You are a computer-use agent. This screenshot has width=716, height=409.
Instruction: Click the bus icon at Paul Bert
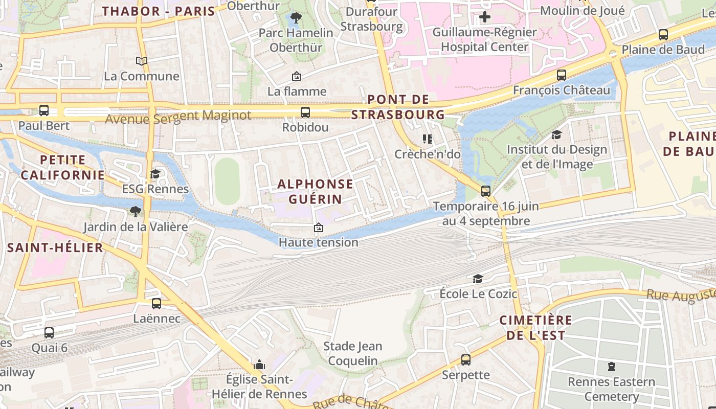[44, 110]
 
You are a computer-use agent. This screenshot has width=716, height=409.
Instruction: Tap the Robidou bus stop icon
[305, 112]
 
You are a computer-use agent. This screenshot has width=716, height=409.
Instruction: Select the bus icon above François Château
[562, 75]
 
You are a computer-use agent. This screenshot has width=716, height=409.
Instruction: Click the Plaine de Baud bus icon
[663, 35]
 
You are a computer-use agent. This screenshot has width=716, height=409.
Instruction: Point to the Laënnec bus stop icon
[156, 303]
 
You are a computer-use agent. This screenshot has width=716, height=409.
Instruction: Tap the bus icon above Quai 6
[49, 333]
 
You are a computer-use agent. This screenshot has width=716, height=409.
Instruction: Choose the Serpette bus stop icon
[466, 359]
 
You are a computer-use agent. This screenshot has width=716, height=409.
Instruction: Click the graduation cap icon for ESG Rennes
[155, 174]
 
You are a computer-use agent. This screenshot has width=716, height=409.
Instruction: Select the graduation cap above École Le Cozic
[478, 279]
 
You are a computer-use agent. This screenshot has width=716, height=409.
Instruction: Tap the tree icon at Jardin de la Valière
[135, 211]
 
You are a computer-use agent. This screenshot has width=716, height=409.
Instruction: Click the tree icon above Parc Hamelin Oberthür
[296, 18]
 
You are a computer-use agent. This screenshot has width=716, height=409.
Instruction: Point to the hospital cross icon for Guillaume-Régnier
[484, 17]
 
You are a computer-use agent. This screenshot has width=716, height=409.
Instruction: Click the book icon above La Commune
[142, 61]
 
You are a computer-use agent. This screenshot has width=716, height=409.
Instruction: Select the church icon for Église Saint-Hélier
[259, 365]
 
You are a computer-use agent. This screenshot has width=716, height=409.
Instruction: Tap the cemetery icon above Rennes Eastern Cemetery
[611, 367]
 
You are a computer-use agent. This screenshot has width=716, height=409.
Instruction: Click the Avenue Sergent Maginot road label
[178, 117]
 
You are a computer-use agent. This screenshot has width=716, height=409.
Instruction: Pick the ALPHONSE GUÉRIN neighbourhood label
[315, 191]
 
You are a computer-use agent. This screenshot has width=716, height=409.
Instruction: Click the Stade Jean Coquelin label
[352, 353]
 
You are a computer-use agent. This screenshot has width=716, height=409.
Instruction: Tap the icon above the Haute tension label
[318, 227]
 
